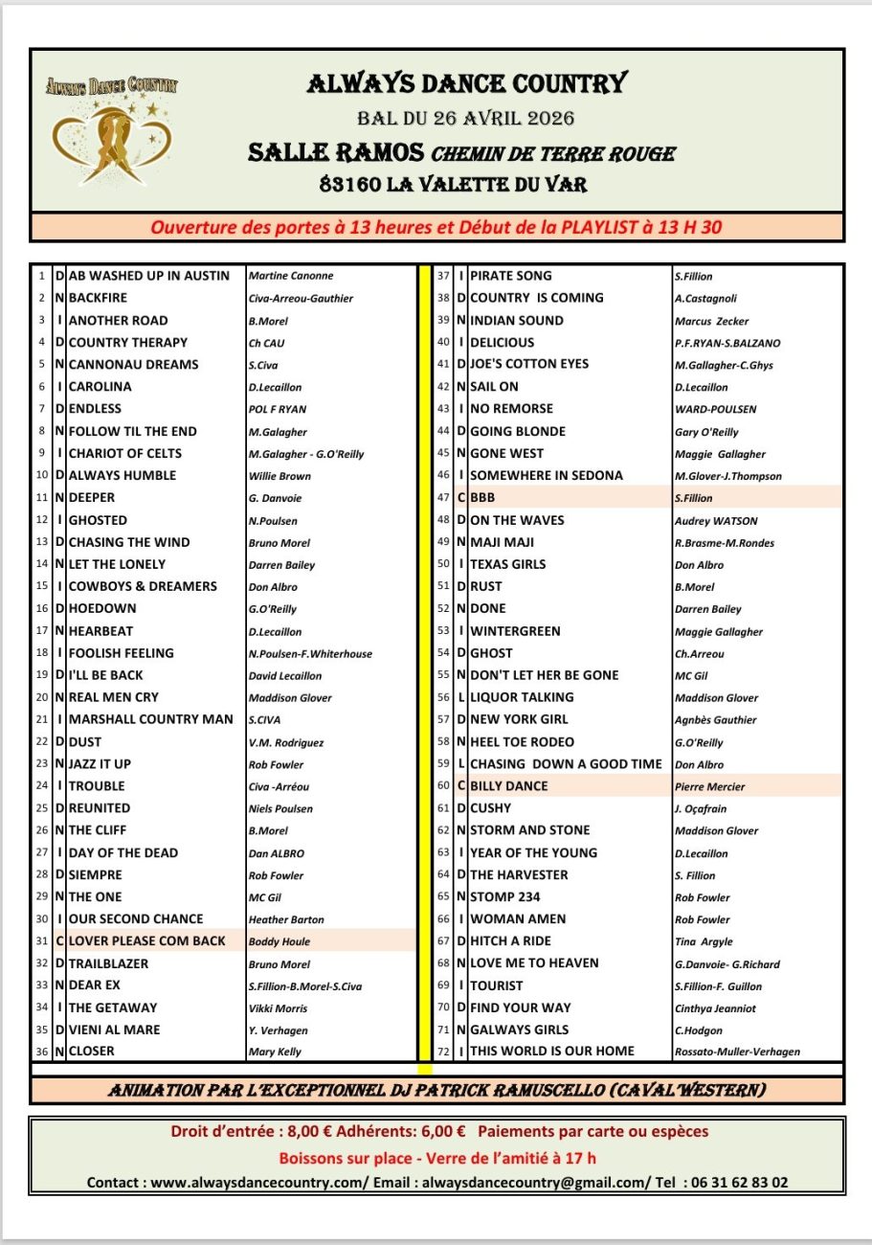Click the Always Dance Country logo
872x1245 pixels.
[x=112, y=128]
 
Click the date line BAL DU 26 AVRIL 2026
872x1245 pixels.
[x=465, y=119]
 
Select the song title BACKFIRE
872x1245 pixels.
[x=98, y=298]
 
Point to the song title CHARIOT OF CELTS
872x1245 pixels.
[x=124, y=453]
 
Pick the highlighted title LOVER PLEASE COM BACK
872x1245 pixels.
[x=146, y=940]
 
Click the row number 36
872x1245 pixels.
[x=42, y=1052]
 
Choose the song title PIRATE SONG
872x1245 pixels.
[x=511, y=276]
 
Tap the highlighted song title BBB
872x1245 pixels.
[x=482, y=498]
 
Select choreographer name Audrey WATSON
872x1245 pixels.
[x=716, y=521]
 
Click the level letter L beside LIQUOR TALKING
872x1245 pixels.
[x=461, y=697]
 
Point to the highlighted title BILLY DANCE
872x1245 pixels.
[x=509, y=786]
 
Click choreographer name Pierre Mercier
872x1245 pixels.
[x=709, y=787]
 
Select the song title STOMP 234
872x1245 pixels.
[x=505, y=897]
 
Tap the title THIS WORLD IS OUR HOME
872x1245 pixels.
[x=552, y=1052]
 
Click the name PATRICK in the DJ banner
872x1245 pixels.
[x=511, y=1091]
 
